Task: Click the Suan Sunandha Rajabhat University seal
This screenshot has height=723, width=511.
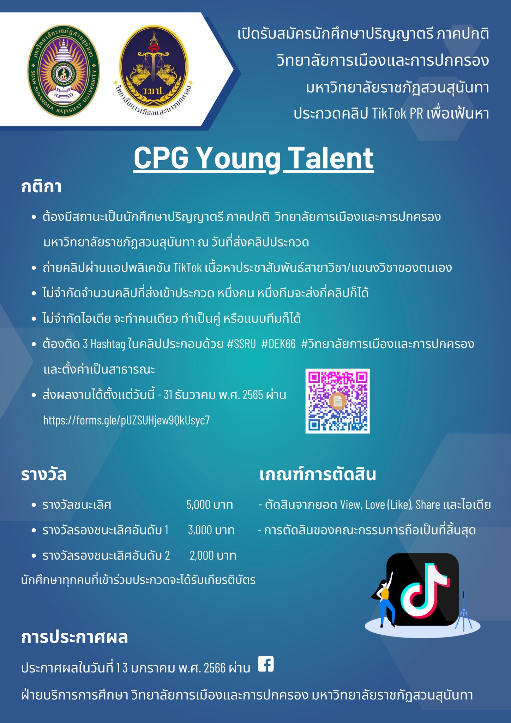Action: tap(64, 71)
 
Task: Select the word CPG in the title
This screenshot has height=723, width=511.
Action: tap(161, 158)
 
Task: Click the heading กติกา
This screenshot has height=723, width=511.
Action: tap(41, 186)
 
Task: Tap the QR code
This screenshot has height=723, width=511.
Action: tap(337, 401)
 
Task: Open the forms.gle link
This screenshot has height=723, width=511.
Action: tap(126, 420)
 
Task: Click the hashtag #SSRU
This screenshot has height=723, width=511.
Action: tap(241, 344)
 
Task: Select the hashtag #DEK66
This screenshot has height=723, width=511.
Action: tap(278, 344)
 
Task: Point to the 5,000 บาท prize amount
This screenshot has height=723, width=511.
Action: tap(210, 505)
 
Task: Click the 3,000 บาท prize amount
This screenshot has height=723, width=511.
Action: tap(211, 530)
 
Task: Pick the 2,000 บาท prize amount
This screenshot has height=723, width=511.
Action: tap(213, 556)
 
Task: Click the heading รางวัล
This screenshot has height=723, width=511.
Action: tap(44, 475)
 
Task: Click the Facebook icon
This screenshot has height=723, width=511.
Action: tap(266, 664)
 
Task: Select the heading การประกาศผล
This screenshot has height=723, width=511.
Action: tap(74, 638)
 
